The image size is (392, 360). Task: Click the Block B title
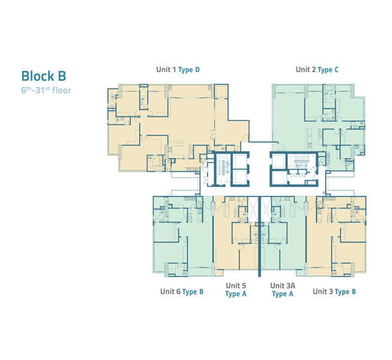pyautogui.click(x=44, y=76)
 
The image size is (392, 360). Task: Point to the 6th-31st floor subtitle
pyautogui.click(x=46, y=90)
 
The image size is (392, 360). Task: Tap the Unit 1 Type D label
pyautogui.click(x=178, y=70)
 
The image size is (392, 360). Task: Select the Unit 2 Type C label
pyautogui.click(x=317, y=70)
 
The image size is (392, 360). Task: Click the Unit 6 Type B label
pyautogui.click(x=182, y=292)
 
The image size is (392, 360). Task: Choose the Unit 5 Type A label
pyautogui.click(x=236, y=289)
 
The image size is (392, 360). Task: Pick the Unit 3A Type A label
pyautogui.click(x=282, y=289)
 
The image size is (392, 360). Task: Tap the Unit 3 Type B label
pyautogui.click(x=334, y=292)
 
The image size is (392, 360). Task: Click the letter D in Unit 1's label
pyautogui.click(x=197, y=70)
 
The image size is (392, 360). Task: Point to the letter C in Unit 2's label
pyautogui.click(x=336, y=70)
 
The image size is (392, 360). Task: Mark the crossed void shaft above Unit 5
pyautogui.click(x=253, y=209)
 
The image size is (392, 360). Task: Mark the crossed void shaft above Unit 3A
pyautogui.click(x=266, y=209)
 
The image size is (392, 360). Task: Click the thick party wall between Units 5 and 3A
pyautogui.click(x=260, y=236)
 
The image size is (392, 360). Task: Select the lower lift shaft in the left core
pyautogui.click(x=240, y=177)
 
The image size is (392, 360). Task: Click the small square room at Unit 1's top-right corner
pyautogui.click(x=221, y=91)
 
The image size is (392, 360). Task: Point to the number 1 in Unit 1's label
pyautogui.click(x=174, y=70)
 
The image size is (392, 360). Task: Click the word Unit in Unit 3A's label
pyautogui.click(x=277, y=286)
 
